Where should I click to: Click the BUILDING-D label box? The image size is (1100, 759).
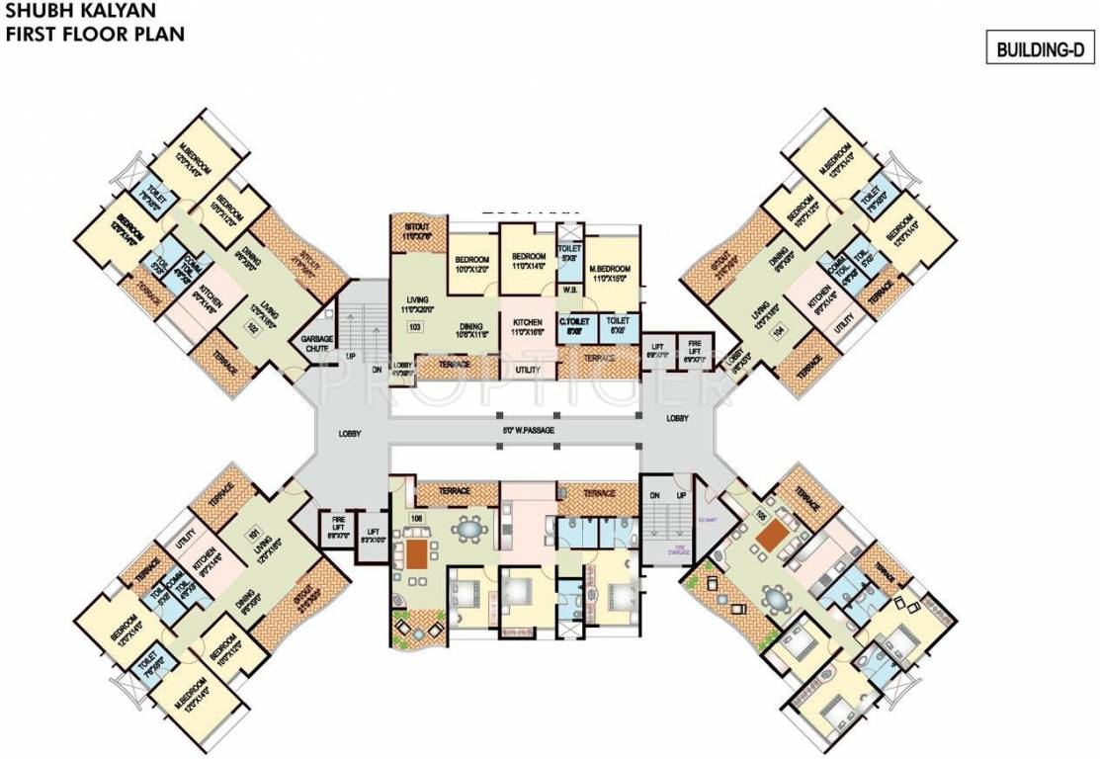coord(1039,48)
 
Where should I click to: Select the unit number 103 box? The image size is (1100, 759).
coord(415,326)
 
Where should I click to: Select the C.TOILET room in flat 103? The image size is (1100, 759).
coord(574,327)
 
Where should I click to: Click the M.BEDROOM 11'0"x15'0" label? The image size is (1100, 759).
coord(610,273)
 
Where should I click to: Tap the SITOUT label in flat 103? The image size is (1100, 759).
coord(411,229)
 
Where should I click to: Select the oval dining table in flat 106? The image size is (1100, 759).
coord(465,529)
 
